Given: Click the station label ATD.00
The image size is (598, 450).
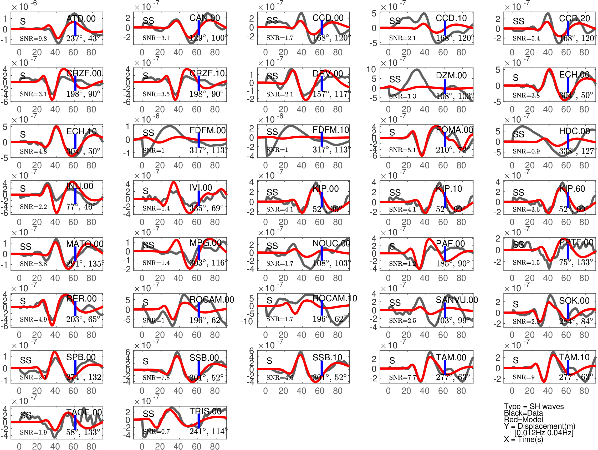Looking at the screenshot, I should [x=81, y=19].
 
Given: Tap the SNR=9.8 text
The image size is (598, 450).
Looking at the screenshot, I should [x=33, y=39].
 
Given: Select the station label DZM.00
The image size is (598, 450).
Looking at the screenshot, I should [x=451, y=75].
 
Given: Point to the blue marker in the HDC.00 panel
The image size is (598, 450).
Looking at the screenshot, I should [x=568, y=141].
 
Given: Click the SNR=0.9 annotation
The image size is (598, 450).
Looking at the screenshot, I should [x=526, y=151].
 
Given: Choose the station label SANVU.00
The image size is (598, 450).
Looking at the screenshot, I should [x=457, y=300].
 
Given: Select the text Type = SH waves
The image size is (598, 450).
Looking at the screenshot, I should [x=534, y=406].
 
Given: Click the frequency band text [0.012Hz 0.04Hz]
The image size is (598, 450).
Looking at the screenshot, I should [x=544, y=433].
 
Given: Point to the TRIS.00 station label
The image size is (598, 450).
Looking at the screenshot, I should [x=206, y=411].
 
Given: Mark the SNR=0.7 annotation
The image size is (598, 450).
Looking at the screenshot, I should [x=156, y=431].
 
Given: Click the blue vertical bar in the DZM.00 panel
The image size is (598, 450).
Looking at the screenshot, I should [x=445, y=86].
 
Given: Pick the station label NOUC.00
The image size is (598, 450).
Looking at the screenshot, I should [x=331, y=243].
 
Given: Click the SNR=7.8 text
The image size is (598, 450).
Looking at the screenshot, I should [x=156, y=377].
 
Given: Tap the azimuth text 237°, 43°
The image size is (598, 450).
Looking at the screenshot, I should [x=83, y=38].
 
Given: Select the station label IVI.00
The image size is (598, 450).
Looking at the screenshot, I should [x=201, y=188].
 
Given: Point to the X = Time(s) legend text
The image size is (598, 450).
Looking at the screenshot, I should [x=523, y=439].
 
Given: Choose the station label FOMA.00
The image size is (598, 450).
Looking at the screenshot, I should [x=454, y=130].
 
